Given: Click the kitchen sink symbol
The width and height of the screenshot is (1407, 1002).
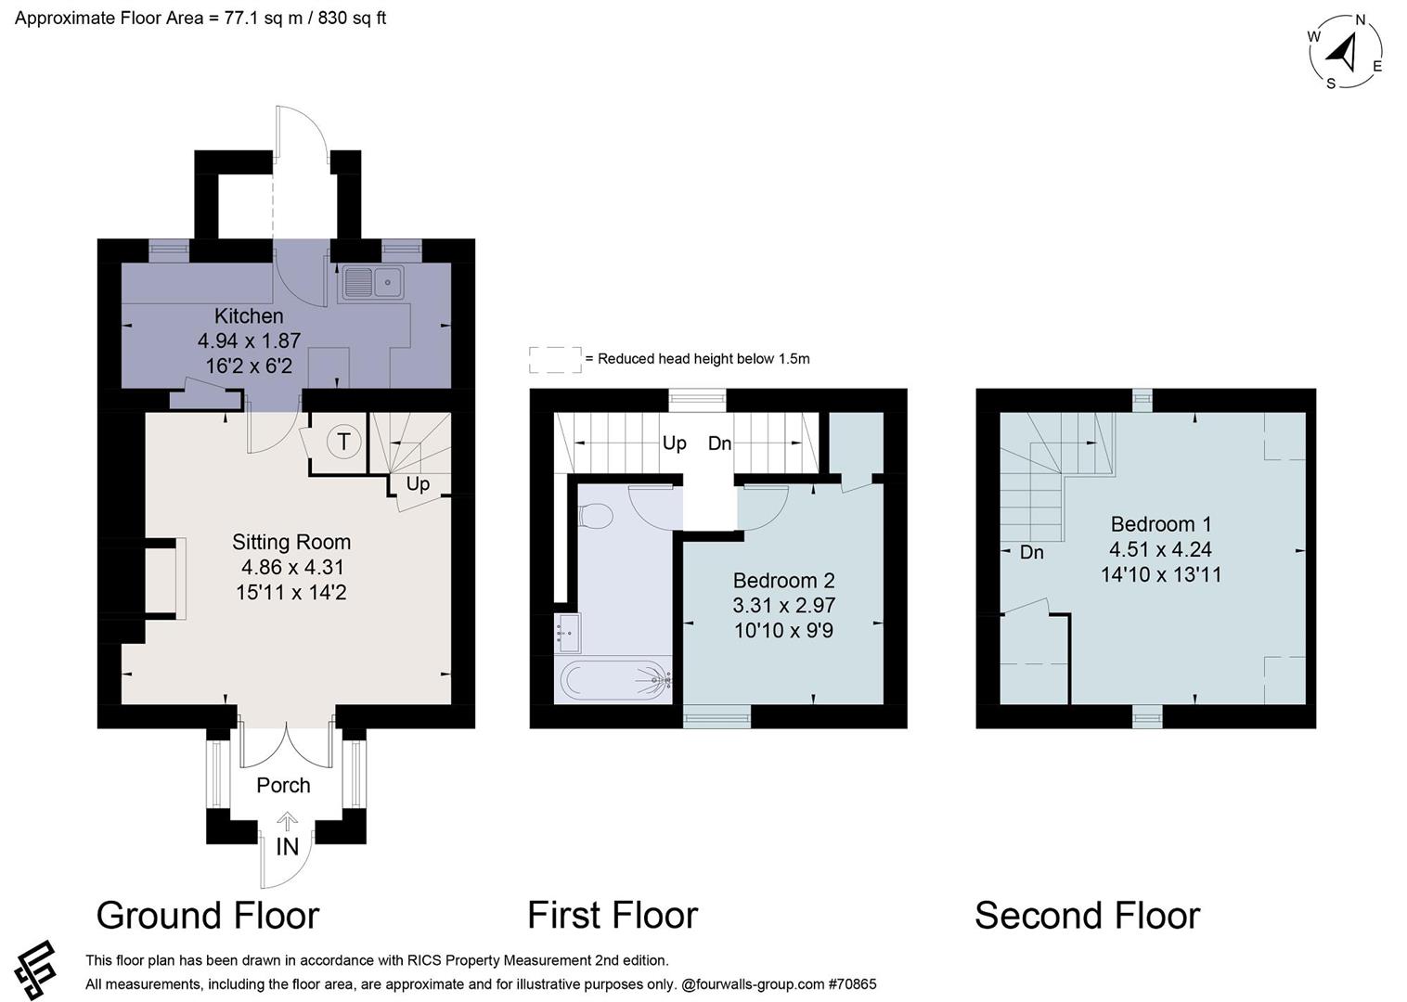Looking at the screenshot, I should tap(371, 281).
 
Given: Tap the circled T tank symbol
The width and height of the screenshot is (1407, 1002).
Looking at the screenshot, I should tap(343, 442).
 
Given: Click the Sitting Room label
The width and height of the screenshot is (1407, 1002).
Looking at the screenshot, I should tap(291, 542).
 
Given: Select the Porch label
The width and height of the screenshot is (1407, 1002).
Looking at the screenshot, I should tap(283, 785).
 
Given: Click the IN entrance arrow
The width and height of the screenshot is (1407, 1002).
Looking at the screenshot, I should tap(288, 821).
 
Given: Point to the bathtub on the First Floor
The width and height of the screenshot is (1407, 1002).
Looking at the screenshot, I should tap(613, 680).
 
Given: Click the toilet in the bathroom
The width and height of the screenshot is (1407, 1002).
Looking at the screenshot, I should tap(595, 516).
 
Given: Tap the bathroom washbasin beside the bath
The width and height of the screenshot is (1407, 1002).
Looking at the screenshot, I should tap(567, 633).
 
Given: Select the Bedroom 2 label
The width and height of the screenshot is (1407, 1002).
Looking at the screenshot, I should tap(783, 581).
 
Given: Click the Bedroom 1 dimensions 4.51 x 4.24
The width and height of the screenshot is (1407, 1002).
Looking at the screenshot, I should tap(1160, 549).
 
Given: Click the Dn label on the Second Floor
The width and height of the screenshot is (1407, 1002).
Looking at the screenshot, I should tap(1031, 553).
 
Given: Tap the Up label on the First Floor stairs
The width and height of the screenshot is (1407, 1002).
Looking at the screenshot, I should tap(675, 443).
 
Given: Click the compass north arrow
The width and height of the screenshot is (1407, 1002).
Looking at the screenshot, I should tap(1345, 50).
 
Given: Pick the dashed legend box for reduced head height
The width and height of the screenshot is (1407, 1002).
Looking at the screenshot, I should tap(555, 360).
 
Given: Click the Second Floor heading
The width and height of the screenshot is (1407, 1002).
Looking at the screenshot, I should tap(1087, 916).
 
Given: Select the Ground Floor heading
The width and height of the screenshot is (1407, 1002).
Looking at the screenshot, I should tap(208, 916).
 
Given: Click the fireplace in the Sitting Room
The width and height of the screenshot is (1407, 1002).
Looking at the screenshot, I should tap(164, 578).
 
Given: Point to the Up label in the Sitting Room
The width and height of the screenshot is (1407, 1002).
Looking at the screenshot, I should tap(418, 483).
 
